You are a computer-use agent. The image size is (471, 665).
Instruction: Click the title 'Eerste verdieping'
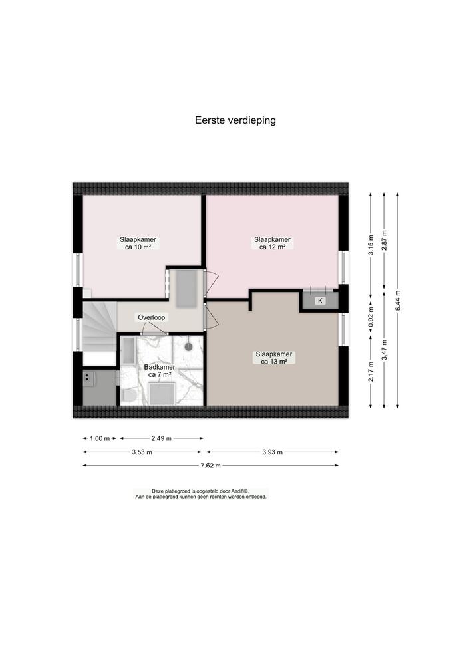pos(235,120)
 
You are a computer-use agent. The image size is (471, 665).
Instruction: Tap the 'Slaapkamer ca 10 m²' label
pos(138,243)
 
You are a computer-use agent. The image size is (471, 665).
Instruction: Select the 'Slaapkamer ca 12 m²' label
pos(272,243)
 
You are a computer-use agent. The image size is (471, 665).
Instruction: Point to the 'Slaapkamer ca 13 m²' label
pos(274,358)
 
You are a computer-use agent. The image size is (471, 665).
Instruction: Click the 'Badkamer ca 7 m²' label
pos(160,370)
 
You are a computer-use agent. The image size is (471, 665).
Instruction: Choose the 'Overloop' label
pos(152,317)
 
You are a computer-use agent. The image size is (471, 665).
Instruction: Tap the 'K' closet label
pos(320,301)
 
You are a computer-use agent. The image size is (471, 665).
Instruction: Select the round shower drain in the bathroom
pos(188,346)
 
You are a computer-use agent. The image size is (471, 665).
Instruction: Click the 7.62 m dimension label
pos(211,465)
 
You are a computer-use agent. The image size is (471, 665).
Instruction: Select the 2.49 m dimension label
pos(162,438)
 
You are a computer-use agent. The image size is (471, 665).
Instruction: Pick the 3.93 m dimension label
pos(272,452)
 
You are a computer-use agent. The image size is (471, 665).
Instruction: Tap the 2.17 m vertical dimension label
pos(371,372)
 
